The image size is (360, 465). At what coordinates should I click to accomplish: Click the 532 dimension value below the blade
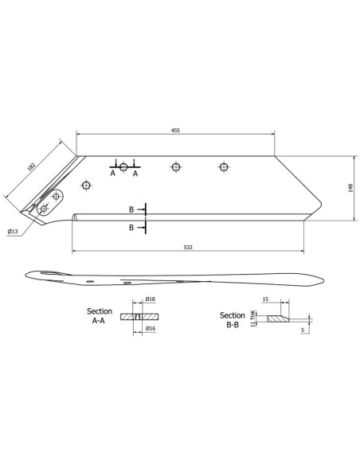click(x=188, y=248)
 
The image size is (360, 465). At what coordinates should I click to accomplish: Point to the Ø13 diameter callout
click(x=13, y=231)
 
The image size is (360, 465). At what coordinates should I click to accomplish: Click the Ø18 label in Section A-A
click(x=149, y=300)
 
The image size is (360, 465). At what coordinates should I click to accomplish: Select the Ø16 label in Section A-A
click(x=149, y=328)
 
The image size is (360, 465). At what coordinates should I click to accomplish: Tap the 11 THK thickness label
click(x=254, y=318)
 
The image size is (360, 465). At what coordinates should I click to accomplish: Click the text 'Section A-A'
click(x=100, y=315)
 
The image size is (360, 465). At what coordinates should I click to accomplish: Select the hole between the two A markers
click(x=123, y=167)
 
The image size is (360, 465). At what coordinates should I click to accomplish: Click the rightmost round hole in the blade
click(x=224, y=167)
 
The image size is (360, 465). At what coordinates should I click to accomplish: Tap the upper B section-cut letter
click(x=131, y=209)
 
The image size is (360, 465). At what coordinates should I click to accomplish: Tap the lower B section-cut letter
click(x=131, y=228)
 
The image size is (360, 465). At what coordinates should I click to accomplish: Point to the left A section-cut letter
click(x=112, y=173)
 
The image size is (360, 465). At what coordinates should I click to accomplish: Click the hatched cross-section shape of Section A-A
click(x=139, y=315)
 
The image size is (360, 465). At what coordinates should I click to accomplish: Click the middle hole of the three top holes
click(x=174, y=167)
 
